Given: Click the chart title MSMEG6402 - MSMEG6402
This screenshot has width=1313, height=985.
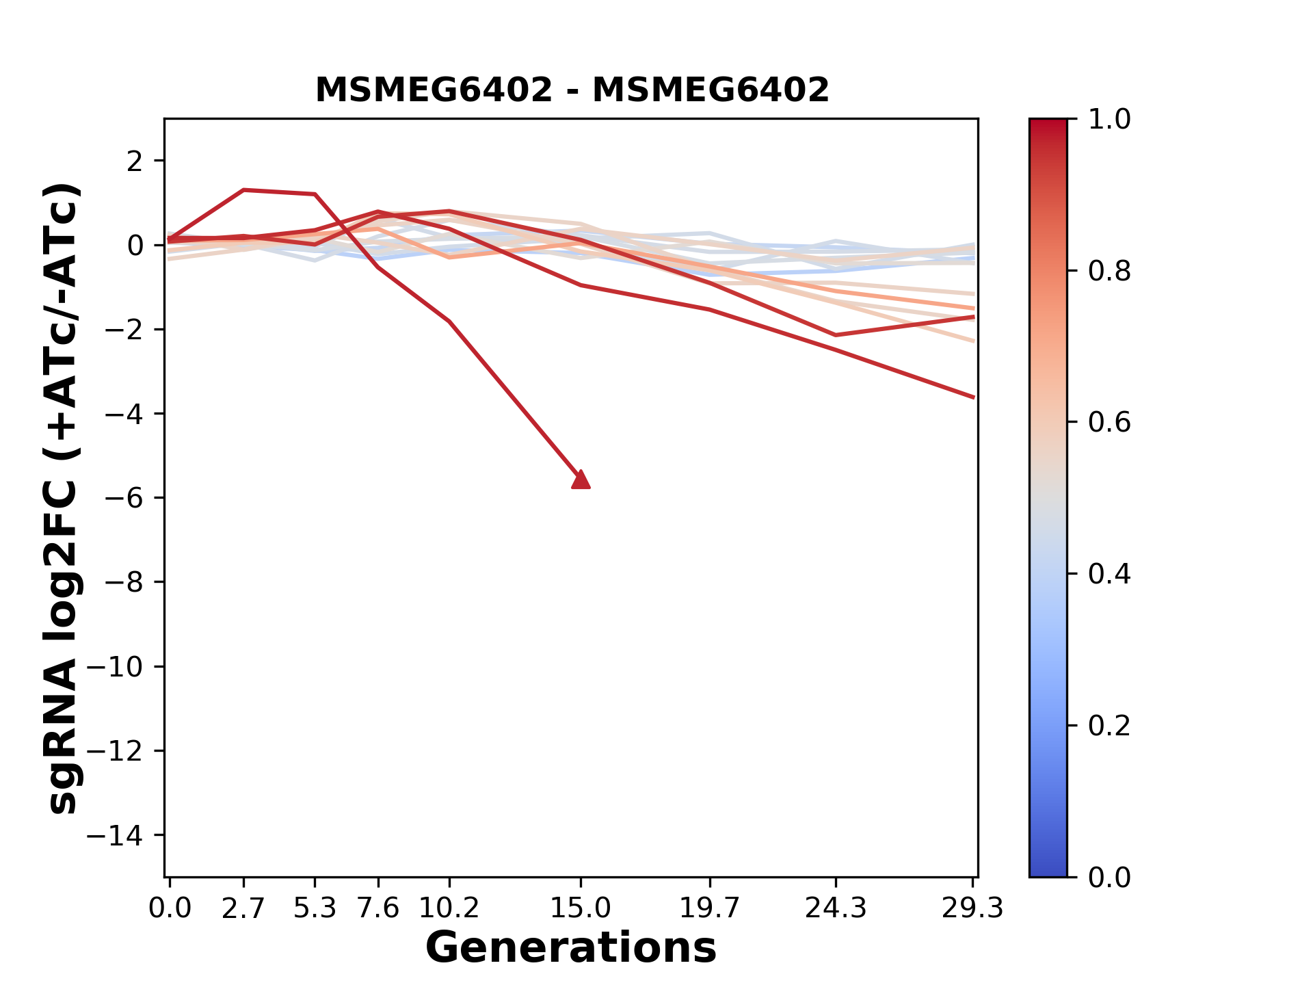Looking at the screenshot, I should [x=572, y=90].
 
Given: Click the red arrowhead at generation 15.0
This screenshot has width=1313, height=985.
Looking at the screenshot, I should [x=581, y=480].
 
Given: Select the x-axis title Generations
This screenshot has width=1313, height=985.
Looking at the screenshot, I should [x=571, y=948].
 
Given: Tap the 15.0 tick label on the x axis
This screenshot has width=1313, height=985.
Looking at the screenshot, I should [x=581, y=908].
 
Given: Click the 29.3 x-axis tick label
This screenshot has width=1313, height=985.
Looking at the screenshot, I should [x=972, y=908].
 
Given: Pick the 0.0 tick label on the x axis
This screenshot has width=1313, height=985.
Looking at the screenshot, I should [x=170, y=908].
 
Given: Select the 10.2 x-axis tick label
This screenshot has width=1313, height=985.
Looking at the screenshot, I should [x=449, y=908].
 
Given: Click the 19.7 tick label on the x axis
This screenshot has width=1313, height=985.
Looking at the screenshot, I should [x=709, y=908].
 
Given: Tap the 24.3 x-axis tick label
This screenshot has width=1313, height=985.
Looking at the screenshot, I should [x=836, y=908].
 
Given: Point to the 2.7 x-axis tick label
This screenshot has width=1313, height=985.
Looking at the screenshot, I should [x=243, y=908].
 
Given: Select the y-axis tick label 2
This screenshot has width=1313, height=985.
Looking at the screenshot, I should [x=135, y=161].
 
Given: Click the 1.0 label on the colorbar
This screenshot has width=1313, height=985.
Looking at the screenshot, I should [x=1109, y=120].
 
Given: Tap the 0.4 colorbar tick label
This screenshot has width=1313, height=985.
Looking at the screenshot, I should [x=1109, y=574].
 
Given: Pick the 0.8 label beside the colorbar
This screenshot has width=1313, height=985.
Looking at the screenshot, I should [x=1109, y=272].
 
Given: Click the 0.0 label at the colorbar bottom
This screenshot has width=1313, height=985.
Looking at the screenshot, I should [x=1109, y=877].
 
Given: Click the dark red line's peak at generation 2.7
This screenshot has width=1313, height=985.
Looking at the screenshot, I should [x=243, y=190].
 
